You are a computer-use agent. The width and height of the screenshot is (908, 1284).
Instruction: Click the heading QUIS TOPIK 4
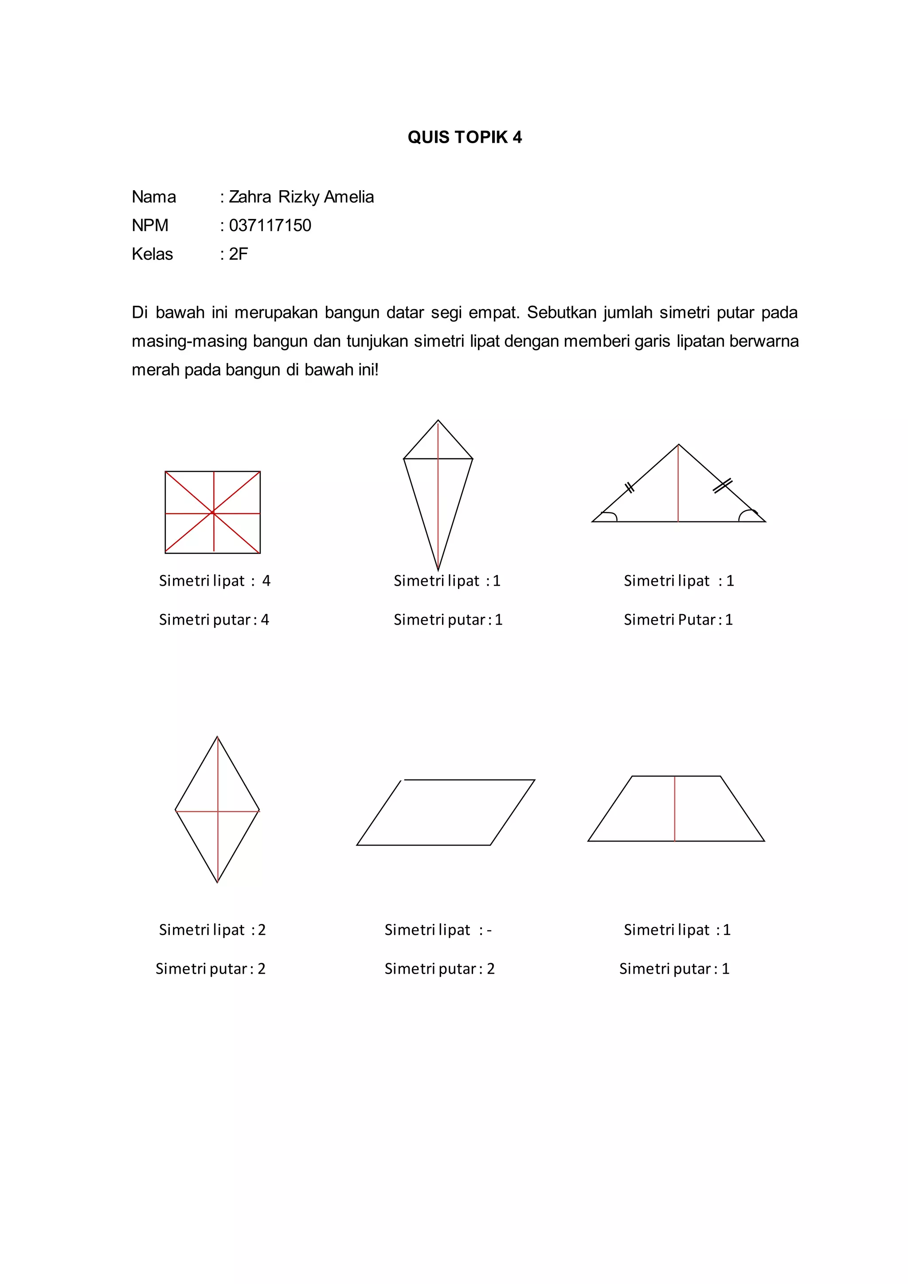point(464,137)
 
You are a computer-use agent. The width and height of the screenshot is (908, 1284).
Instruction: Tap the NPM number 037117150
point(270,225)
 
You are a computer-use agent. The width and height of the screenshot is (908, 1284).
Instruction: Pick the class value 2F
point(238,254)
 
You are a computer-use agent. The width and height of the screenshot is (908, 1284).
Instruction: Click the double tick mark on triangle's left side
point(630,488)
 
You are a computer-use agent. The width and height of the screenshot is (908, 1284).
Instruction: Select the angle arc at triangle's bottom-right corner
point(747,514)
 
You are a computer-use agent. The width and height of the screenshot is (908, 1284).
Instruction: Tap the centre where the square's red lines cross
point(213,512)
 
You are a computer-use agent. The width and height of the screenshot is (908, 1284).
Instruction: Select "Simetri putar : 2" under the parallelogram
point(439,969)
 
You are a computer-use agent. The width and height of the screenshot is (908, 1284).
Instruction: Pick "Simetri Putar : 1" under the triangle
point(678,620)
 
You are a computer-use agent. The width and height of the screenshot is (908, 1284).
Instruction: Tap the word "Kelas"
point(152,254)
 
